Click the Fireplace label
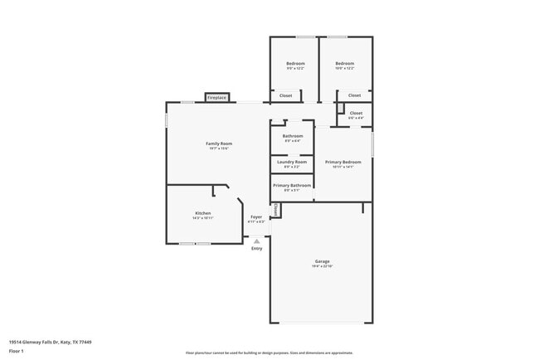[x=216, y=98]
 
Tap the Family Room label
[x=219, y=144]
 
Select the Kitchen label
[x=203, y=213]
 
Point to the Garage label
[x=322, y=261]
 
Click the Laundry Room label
[x=292, y=162]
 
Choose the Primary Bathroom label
[x=292, y=185]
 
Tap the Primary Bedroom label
[x=342, y=162]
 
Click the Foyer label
[x=257, y=216]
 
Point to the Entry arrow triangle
[x=257, y=241]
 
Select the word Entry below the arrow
[x=257, y=248]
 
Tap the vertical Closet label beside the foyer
[x=275, y=210]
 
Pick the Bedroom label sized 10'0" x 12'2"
[x=344, y=64]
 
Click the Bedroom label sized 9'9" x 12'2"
[x=295, y=64]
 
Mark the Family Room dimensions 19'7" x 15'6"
[x=219, y=148]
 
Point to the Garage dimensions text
[x=322, y=266]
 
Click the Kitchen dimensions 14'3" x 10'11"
[x=203, y=218]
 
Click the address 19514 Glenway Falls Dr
[x=50, y=342]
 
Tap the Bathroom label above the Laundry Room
[x=292, y=136]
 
